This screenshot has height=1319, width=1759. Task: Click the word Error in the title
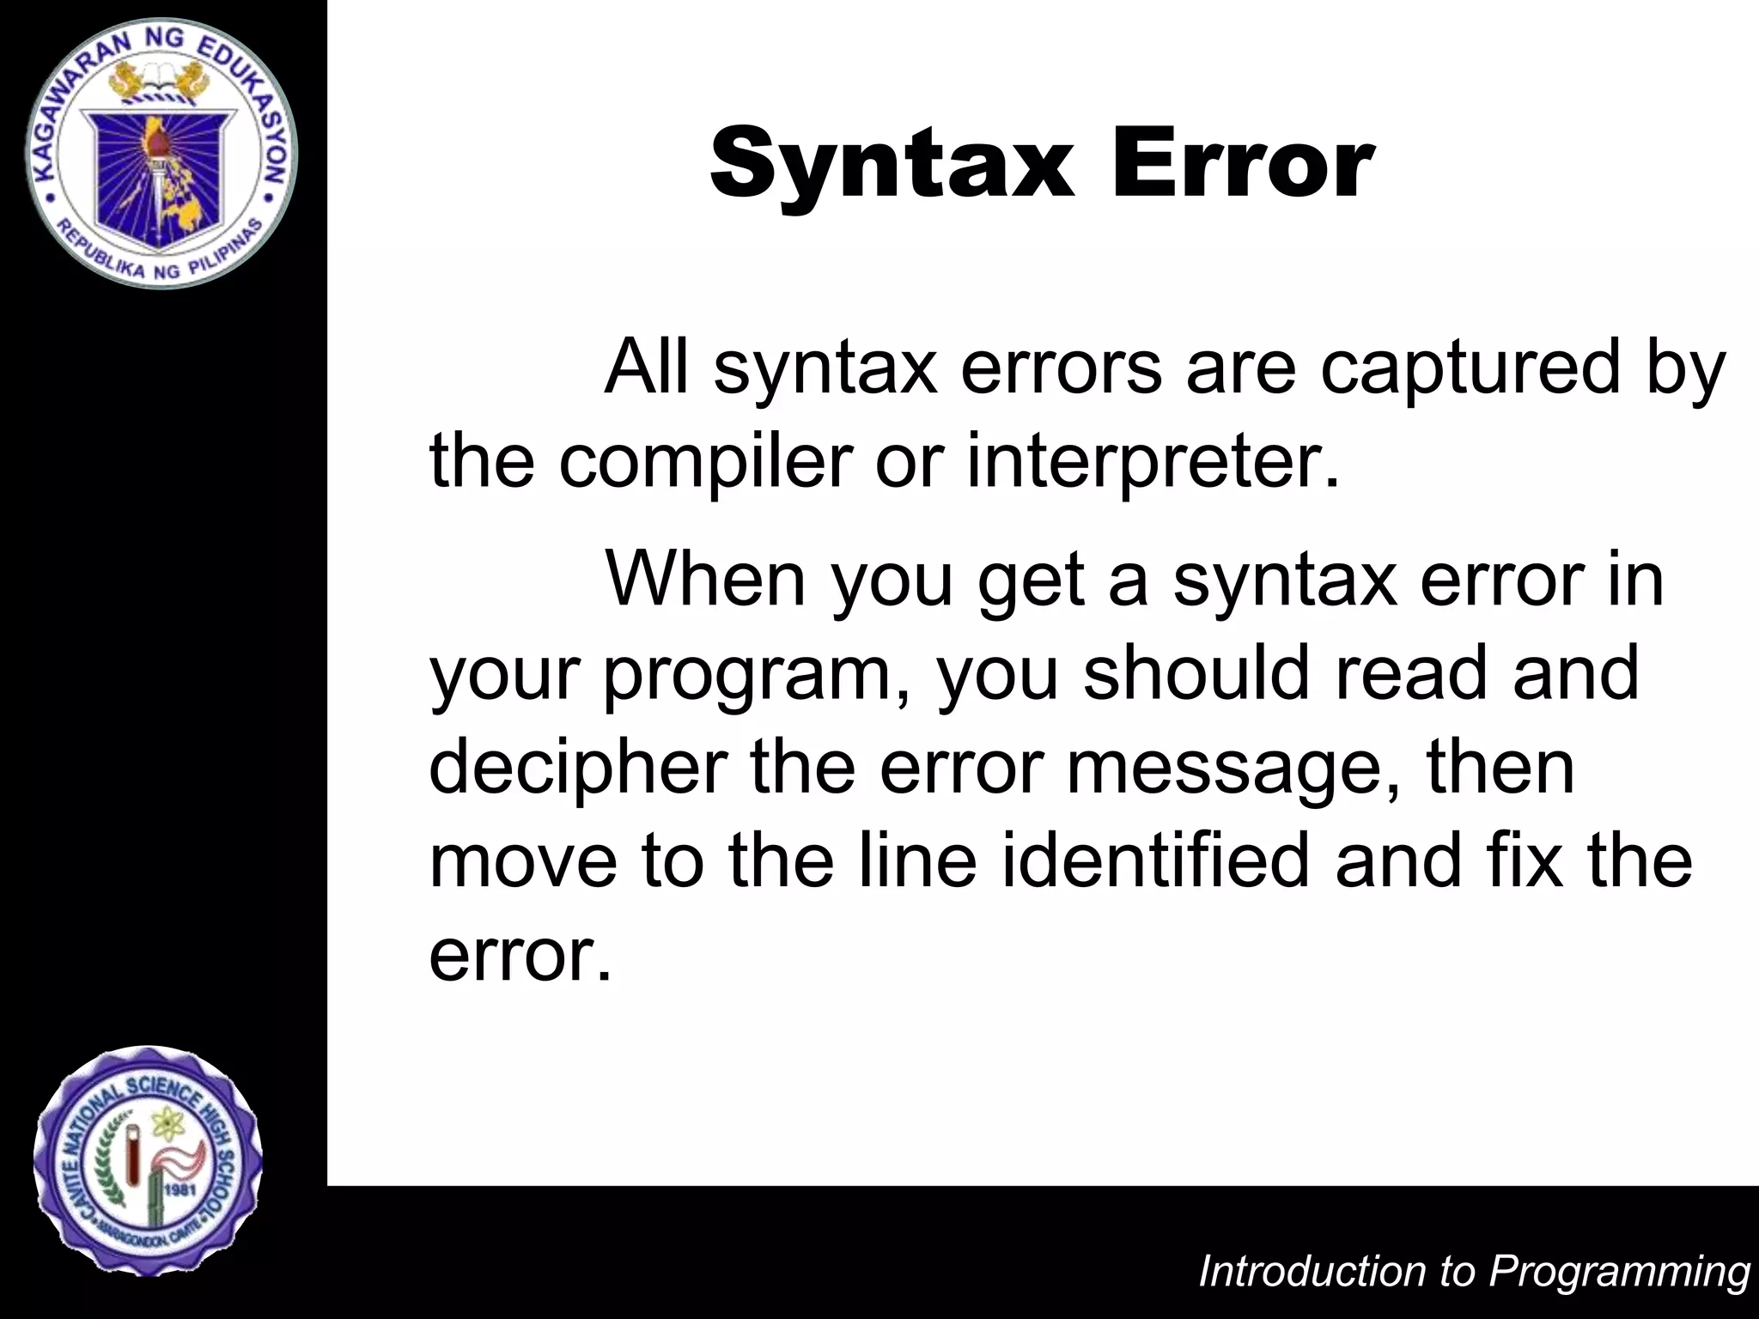click(x=1243, y=163)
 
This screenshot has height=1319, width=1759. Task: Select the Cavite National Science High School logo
click(x=148, y=1161)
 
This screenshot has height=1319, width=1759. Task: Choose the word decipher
click(x=578, y=766)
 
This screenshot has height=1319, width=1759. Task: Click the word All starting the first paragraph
click(x=647, y=368)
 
